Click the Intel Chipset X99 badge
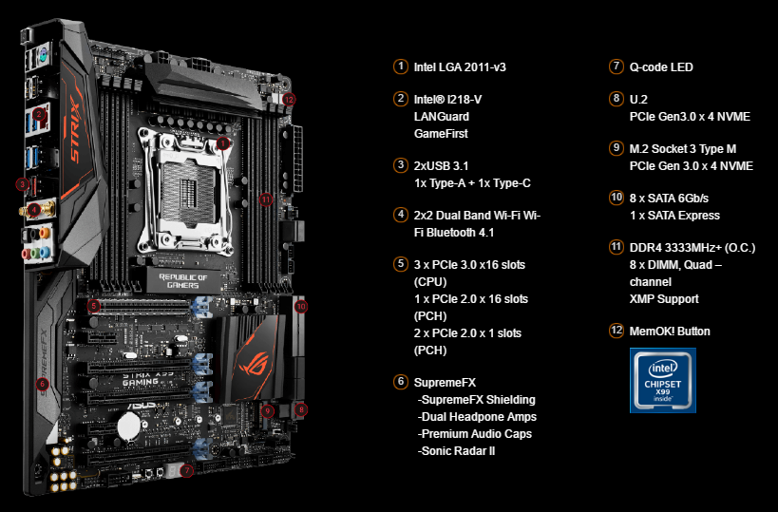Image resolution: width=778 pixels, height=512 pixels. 663,381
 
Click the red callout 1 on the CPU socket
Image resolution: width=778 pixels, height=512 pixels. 223,143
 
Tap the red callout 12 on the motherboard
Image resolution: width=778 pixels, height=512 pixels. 289,99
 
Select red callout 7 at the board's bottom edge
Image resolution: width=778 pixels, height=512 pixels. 186,470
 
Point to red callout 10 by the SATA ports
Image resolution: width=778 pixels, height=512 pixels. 301,306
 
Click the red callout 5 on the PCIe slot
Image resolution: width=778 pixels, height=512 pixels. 93,306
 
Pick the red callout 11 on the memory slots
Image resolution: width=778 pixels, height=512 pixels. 266,199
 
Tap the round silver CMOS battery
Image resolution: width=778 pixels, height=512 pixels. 129,426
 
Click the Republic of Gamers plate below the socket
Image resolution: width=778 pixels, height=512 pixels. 183,280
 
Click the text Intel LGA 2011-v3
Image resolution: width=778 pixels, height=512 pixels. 460,67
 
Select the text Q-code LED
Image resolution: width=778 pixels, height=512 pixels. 661,67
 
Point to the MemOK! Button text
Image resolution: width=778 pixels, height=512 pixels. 670,332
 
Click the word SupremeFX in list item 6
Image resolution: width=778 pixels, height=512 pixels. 445,383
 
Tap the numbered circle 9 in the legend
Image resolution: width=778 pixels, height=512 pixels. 617,148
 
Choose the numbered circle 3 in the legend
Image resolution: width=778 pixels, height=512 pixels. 401,165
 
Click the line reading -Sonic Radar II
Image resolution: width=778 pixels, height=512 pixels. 457,451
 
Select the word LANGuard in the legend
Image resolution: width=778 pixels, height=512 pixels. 441,117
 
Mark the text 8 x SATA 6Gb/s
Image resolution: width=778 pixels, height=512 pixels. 669,199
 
